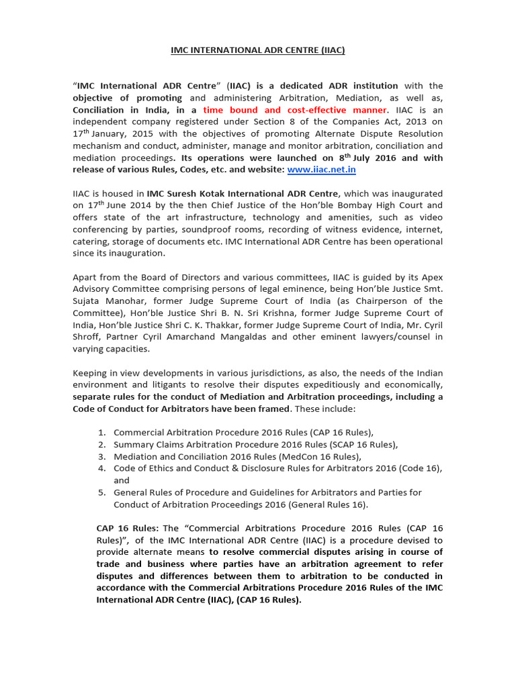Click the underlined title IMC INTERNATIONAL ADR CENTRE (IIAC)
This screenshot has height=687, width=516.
coord(258,50)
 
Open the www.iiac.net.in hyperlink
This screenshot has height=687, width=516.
coord(321,170)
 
